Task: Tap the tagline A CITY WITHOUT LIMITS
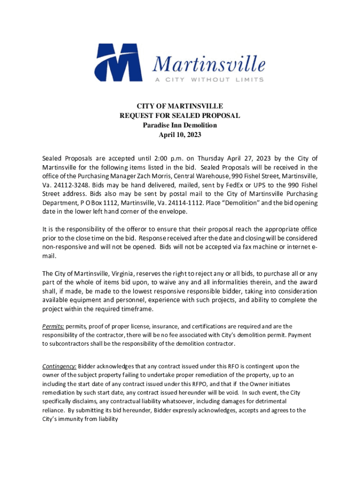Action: [209, 80]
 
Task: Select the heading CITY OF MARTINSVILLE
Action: [180, 106]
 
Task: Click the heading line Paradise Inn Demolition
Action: [180, 125]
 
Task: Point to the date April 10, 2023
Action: [180, 135]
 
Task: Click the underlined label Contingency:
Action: [59, 366]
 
